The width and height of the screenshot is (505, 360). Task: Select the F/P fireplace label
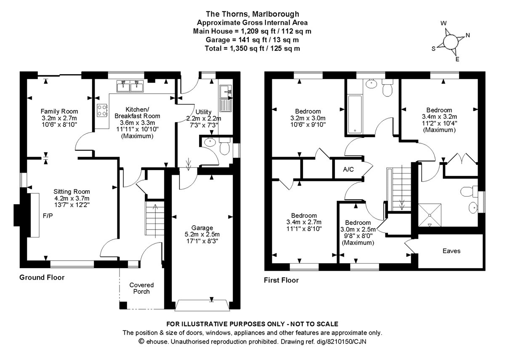[x=48, y=216]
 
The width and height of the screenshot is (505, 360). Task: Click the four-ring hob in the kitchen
[x=102, y=110]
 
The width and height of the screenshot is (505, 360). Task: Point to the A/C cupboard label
[x=348, y=170]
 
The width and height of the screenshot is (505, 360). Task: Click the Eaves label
[x=451, y=251]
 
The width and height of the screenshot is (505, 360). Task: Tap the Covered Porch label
[x=141, y=288]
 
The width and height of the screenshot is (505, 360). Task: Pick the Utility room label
[x=203, y=112]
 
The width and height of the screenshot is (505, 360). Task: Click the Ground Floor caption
[x=42, y=277]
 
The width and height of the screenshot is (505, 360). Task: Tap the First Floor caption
[x=281, y=280]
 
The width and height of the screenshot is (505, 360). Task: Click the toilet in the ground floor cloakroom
[x=225, y=147]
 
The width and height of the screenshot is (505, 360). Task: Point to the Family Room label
[x=59, y=111]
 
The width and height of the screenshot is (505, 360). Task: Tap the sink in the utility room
[x=225, y=90]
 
